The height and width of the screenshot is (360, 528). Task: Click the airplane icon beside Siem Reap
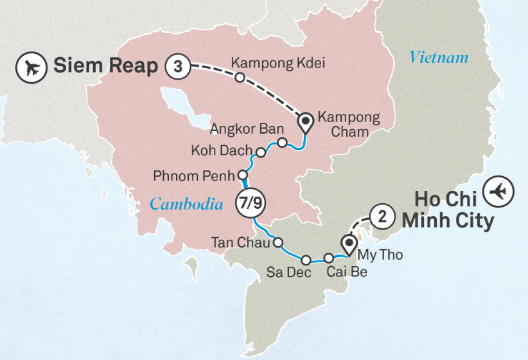pyautogui.click(x=30, y=67)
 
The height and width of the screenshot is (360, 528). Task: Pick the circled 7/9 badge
pyautogui.click(x=252, y=202)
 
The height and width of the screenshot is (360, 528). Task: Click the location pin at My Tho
pyautogui.click(x=349, y=244)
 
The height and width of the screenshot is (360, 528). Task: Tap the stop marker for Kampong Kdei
pyautogui.click(x=240, y=78)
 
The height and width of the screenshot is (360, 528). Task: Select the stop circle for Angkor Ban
pyautogui.click(x=281, y=141)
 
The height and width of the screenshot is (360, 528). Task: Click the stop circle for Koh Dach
pyautogui.click(x=261, y=152)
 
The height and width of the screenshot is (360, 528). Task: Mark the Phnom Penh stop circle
pyautogui.click(x=243, y=175)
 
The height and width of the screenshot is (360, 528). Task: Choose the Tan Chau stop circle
pyautogui.click(x=278, y=242)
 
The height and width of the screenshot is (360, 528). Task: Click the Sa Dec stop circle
pyautogui.click(x=306, y=260)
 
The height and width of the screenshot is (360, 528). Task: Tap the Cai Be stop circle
pyautogui.click(x=329, y=258)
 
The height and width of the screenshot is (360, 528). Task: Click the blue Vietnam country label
pyautogui.click(x=439, y=58)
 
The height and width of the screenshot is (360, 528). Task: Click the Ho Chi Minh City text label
pyautogui.click(x=448, y=211)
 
